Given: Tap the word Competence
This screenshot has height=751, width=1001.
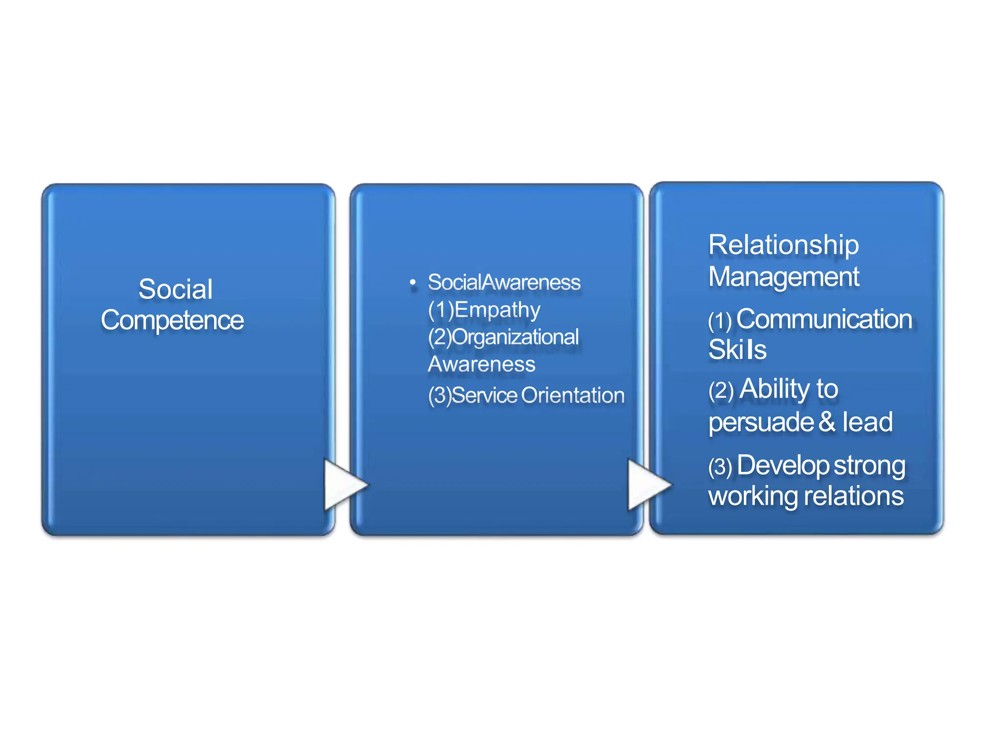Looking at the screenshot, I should pyautogui.click(x=172, y=320).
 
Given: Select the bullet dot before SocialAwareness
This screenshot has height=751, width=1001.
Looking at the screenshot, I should pyautogui.click(x=413, y=283).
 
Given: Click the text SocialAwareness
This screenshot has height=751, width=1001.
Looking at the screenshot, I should pyautogui.click(x=504, y=282).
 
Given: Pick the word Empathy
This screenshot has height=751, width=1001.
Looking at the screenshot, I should pyautogui.click(x=497, y=309).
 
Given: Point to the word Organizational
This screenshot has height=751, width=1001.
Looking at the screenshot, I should pyautogui.click(x=515, y=337).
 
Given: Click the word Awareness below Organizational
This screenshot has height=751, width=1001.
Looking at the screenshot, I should pyautogui.click(x=481, y=364).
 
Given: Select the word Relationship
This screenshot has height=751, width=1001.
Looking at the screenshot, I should pyautogui.click(x=783, y=244).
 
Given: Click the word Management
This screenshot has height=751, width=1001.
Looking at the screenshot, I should pyautogui.click(x=783, y=277).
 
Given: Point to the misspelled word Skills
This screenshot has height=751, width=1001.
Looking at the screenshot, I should pyautogui.click(x=737, y=350).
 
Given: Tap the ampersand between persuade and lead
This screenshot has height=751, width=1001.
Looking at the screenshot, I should pyautogui.click(x=827, y=421).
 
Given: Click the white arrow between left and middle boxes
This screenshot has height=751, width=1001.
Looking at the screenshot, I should pyautogui.click(x=344, y=485).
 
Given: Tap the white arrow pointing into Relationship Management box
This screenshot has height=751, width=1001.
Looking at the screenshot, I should pyautogui.click(x=648, y=485).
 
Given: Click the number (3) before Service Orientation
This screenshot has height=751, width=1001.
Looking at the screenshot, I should pyautogui.click(x=439, y=396).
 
